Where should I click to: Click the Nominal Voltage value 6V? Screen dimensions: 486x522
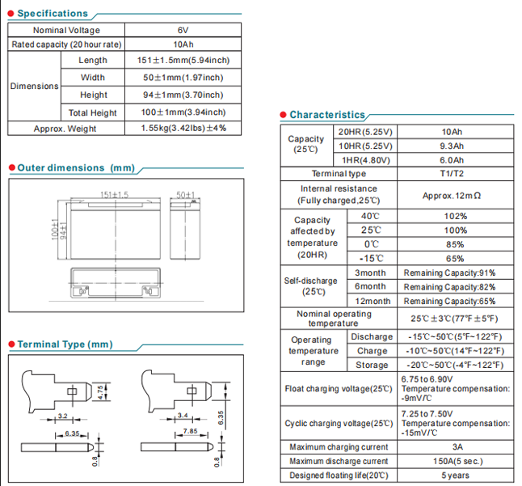click(x=183, y=30)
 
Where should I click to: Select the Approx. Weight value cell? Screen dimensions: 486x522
click(x=183, y=128)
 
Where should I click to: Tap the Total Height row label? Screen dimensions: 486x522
click(x=93, y=112)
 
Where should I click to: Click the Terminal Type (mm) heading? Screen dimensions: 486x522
click(x=65, y=344)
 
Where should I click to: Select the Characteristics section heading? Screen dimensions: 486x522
click(x=326, y=115)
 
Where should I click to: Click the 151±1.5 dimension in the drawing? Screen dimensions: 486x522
click(x=114, y=195)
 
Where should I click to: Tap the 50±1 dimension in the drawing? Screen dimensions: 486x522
click(x=187, y=195)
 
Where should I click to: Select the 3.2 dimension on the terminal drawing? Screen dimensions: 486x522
click(x=62, y=416)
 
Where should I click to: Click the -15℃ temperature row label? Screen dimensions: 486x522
click(x=370, y=258)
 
